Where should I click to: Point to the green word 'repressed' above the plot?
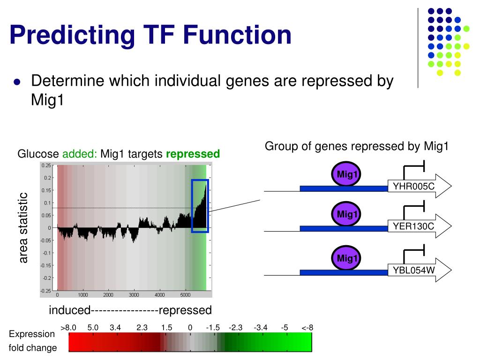[193, 154]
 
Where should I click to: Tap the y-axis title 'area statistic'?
[23, 228]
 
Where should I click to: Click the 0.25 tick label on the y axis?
[46, 165]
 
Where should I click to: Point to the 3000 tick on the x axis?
[134, 295]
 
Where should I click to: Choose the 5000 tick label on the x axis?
[185, 295]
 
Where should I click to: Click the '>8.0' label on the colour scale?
[69, 328]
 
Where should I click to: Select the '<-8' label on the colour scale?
[307, 328]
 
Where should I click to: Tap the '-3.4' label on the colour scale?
[260, 328]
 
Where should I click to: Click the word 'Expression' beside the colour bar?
[32, 334]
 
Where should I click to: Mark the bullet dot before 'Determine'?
[17, 82]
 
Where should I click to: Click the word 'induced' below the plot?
[70, 310]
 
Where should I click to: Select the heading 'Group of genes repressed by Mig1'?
[357, 146]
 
